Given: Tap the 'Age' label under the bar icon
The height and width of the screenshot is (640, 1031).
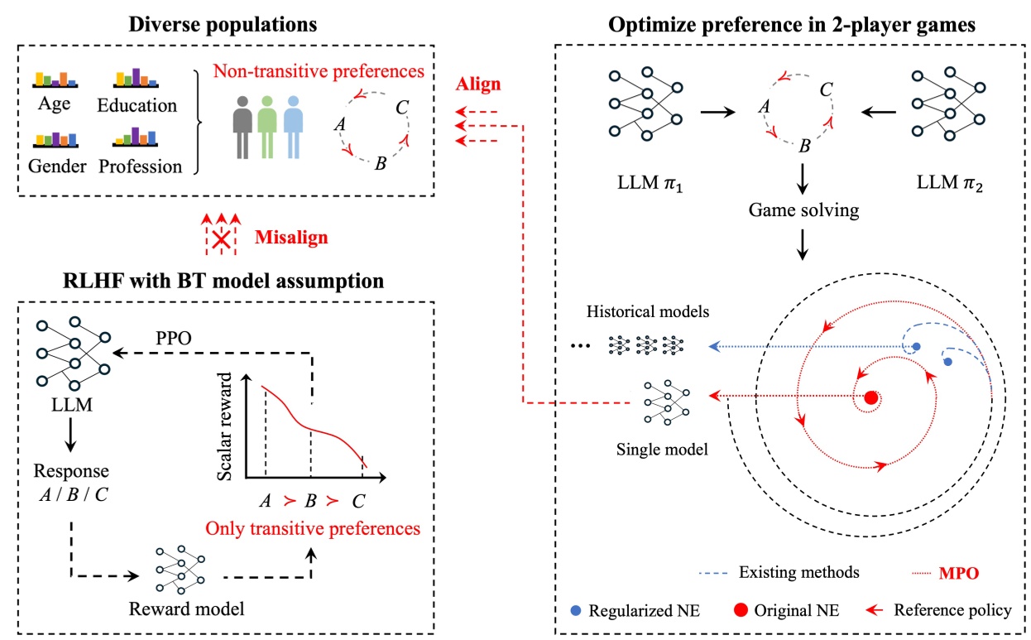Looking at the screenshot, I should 54,105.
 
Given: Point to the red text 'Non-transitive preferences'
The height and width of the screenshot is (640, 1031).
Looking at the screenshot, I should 319,71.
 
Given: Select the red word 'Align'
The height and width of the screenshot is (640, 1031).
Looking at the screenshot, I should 477,85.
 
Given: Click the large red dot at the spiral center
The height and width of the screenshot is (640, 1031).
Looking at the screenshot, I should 870,398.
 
